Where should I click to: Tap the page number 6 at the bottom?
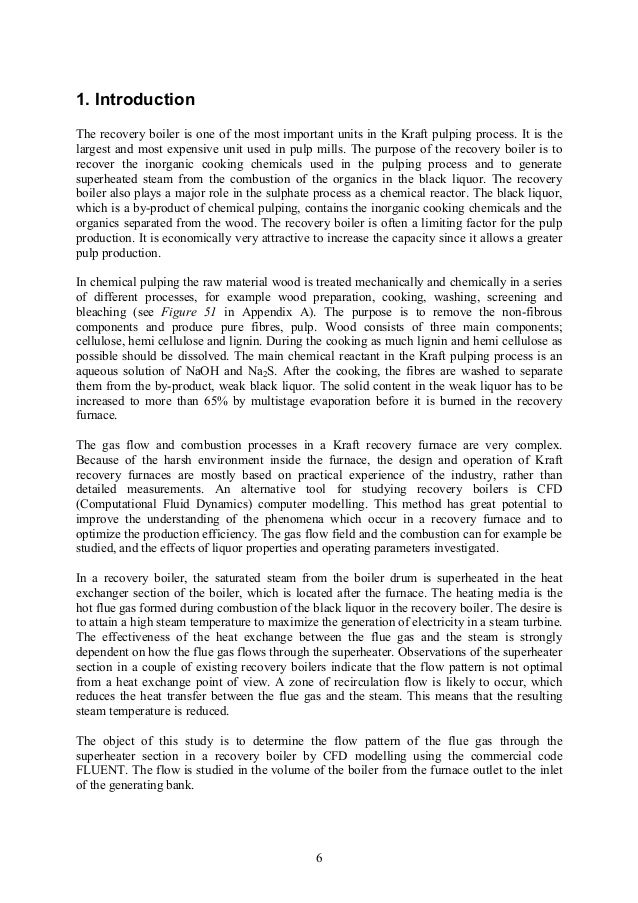(x=318, y=857)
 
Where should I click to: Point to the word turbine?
(x=536, y=619)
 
